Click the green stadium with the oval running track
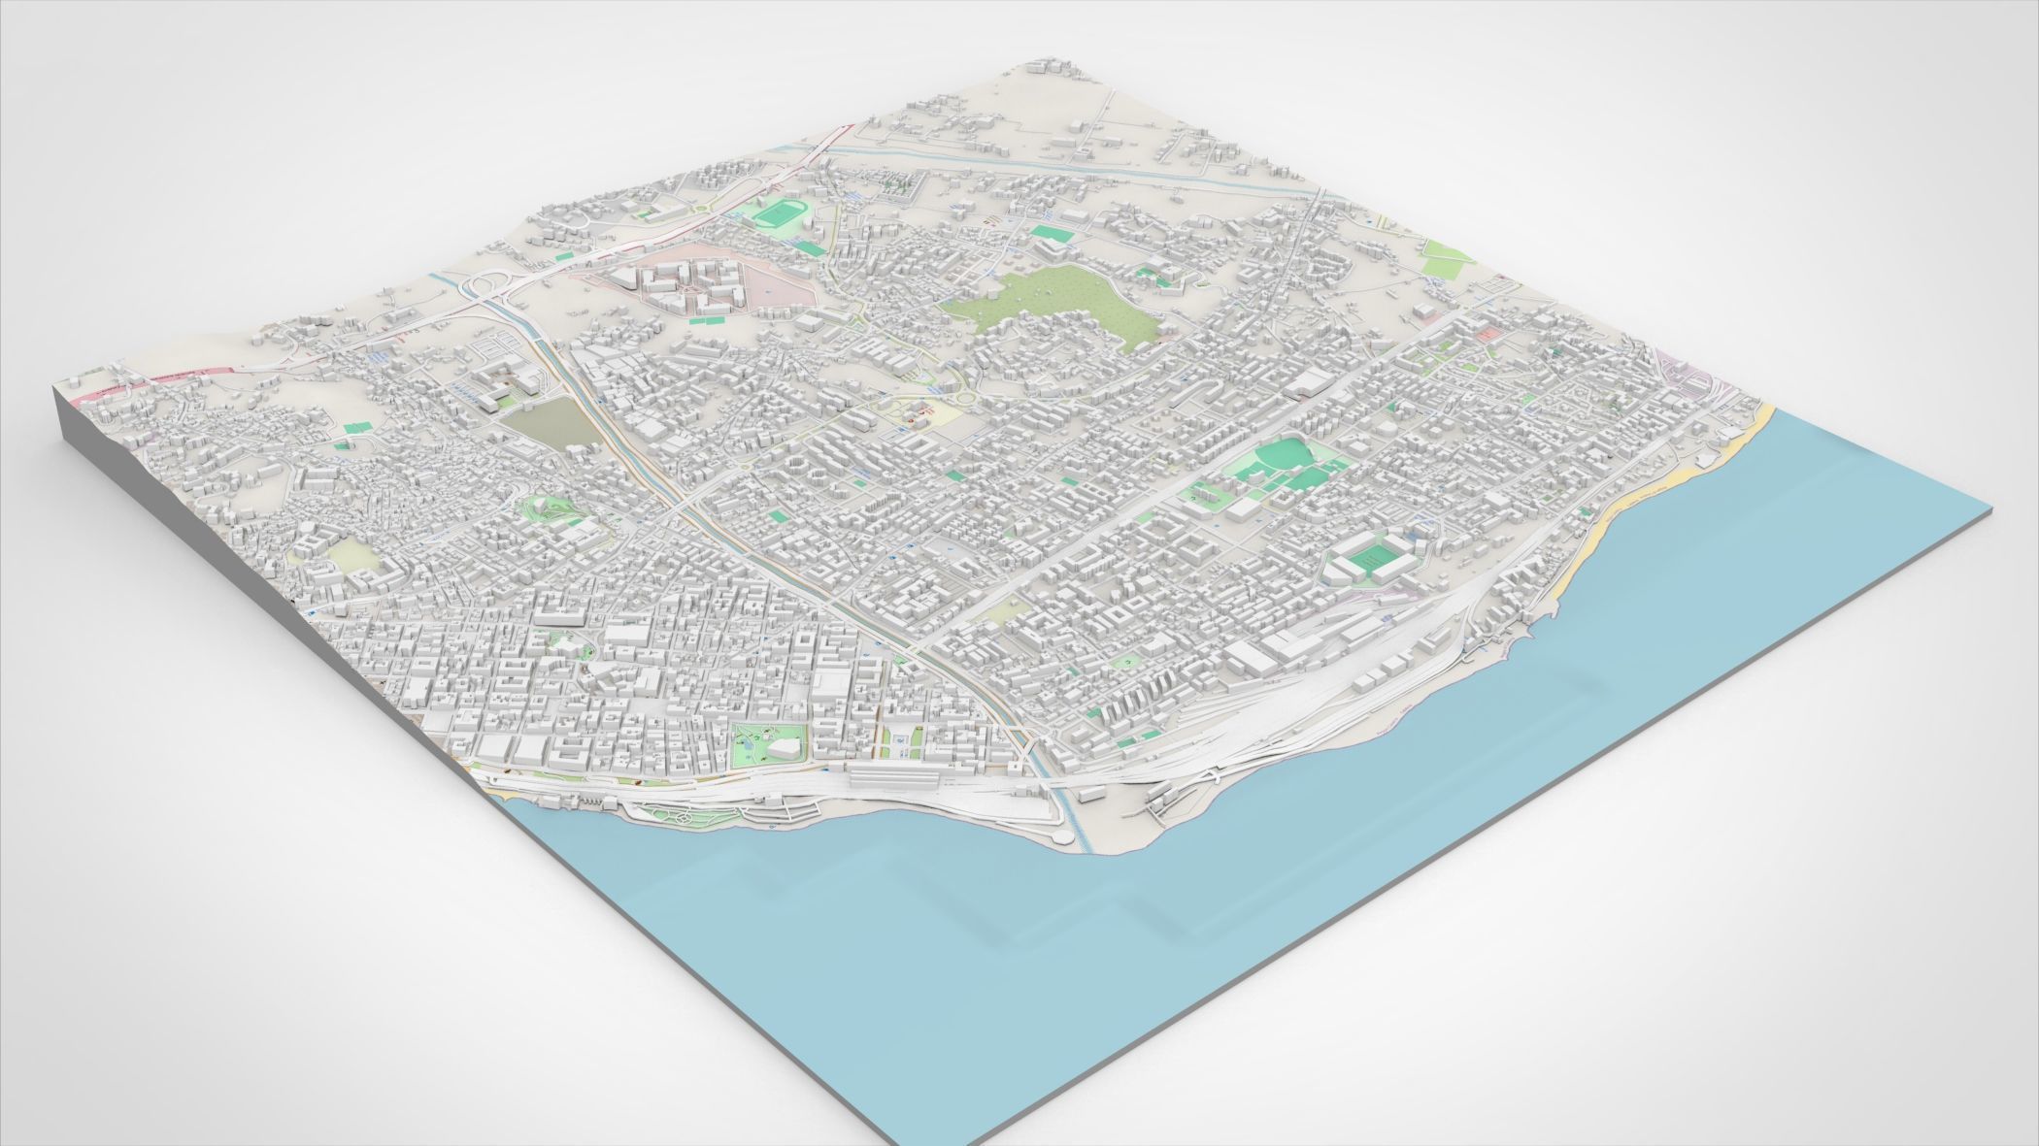[x=776, y=212]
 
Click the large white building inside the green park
[x=785, y=745]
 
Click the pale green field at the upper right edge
[x=1447, y=254]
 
